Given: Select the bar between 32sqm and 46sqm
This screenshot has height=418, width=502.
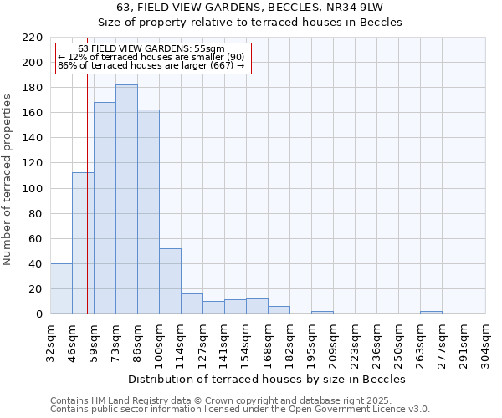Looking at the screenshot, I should pos(61,288).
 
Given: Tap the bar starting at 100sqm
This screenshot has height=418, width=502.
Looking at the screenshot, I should pos(170,281).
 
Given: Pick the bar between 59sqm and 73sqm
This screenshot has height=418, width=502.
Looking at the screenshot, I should pos(105,207).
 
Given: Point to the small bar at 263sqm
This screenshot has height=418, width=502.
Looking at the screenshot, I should pos(431,312).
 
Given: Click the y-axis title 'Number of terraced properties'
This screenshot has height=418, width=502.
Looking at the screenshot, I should pos(8,179).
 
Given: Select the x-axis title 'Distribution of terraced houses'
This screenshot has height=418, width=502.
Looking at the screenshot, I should pos(268,379).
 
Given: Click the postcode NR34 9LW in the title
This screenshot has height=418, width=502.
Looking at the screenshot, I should pos(356,8).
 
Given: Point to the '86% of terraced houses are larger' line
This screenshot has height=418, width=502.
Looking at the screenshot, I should pos(151,65).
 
